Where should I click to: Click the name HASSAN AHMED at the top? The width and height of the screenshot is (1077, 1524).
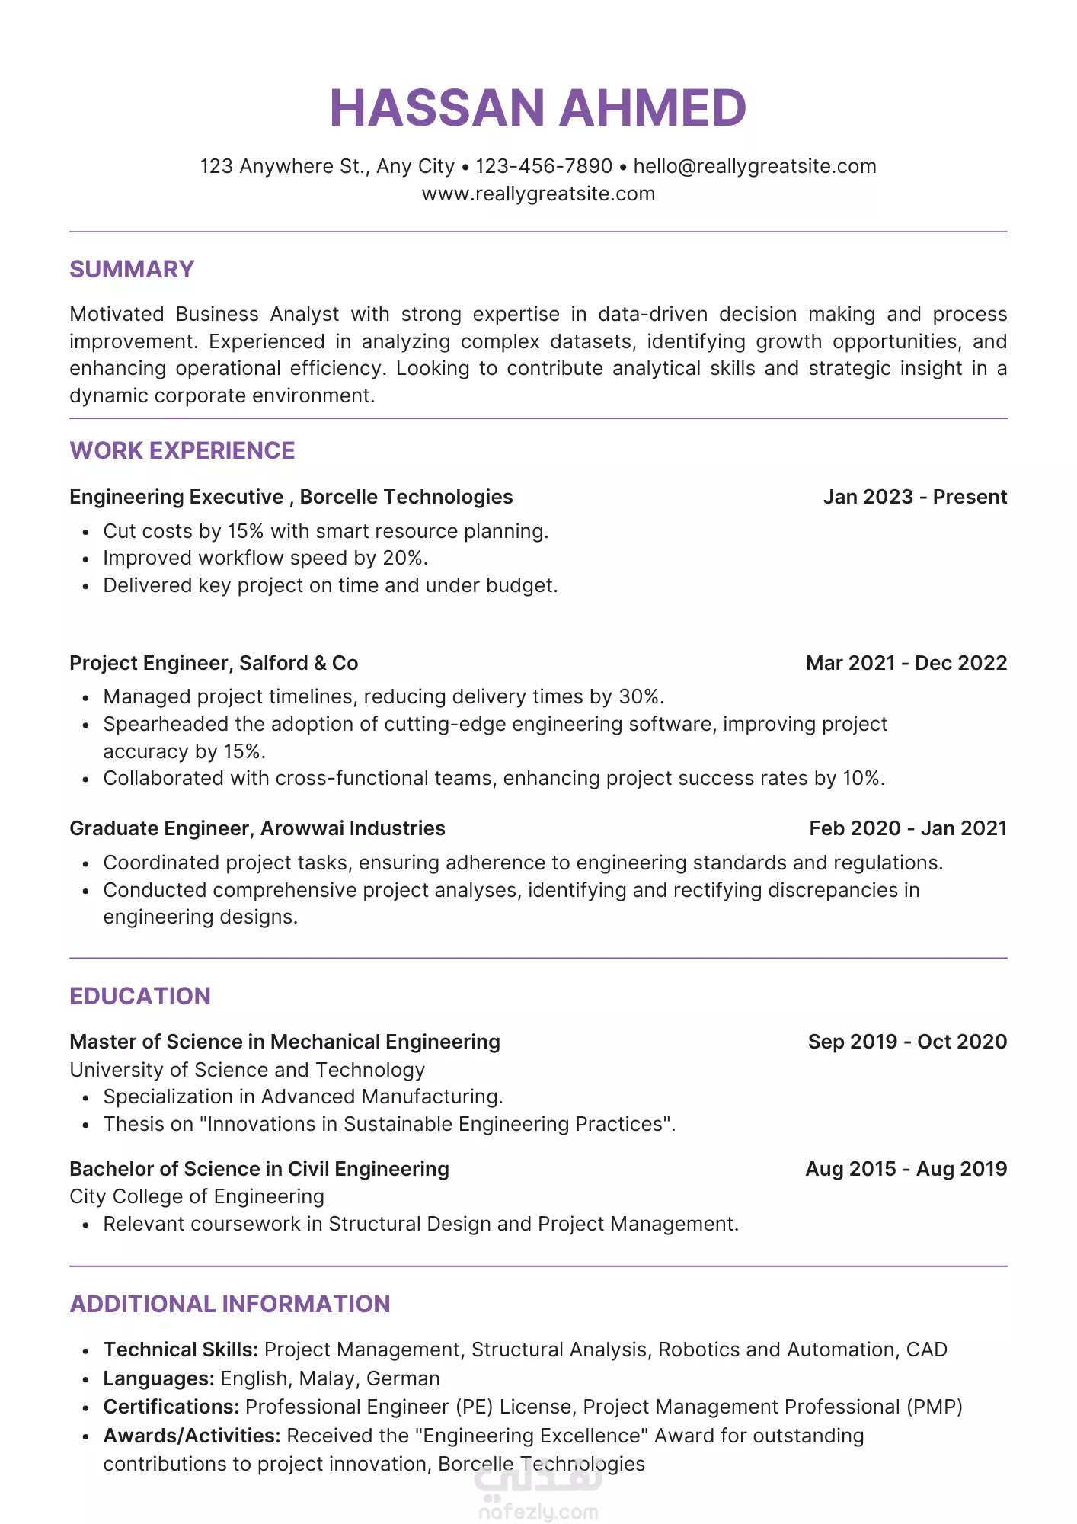tap(538, 107)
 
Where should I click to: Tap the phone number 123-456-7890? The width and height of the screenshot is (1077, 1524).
tap(544, 166)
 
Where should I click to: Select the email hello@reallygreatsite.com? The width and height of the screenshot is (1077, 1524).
tap(754, 166)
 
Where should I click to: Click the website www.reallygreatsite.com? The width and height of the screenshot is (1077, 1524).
tap(538, 194)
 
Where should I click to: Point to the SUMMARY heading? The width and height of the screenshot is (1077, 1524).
tap(132, 269)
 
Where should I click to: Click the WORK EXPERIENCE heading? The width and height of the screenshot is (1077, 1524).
tap(182, 450)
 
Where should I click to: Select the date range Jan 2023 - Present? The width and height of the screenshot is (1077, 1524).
tap(915, 497)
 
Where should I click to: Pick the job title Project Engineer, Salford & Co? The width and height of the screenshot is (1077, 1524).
tap(213, 663)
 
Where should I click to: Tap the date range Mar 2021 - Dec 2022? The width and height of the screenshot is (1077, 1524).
tap(906, 663)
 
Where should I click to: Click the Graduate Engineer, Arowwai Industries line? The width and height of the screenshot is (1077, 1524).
tap(257, 828)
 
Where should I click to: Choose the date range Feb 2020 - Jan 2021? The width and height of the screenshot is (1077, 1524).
tap(908, 828)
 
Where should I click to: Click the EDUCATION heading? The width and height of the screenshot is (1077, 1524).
tap(139, 996)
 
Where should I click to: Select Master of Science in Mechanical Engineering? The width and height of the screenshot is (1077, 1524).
tap(284, 1042)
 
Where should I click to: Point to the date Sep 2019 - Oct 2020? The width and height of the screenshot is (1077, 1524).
tap(907, 1042)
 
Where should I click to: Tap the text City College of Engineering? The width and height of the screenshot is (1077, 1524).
tap(197, 1196)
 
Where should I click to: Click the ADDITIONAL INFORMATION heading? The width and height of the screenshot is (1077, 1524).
tap(229, 1304)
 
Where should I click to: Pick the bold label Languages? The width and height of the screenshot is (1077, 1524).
tap(158, 1378)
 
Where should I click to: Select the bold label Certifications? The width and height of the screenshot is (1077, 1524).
tap(171, 1407)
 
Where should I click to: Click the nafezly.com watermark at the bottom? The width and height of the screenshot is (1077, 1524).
tap(538, 1512)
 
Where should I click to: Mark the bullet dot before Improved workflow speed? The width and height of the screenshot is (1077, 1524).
tap(86, 559)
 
